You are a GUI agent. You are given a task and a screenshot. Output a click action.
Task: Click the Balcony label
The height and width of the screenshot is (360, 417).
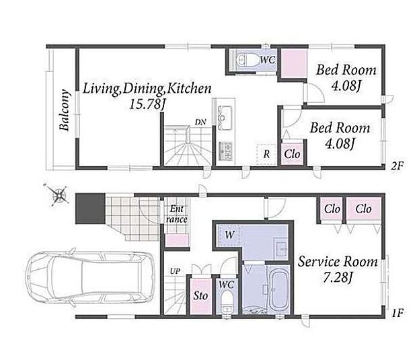[x=65, y=110]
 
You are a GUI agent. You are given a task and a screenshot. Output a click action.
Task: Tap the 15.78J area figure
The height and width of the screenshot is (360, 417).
[x=147, y=104]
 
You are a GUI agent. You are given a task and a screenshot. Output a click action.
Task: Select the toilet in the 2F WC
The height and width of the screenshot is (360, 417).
[x=247, y=60]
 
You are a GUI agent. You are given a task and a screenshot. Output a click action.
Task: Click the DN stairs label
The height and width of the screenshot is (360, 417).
[x=200, y=122]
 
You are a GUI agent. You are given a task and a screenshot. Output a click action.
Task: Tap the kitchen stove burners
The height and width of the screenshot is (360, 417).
[x=225, y=151]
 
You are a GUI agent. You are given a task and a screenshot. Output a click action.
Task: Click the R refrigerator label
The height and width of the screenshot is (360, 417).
[x=266, y=154]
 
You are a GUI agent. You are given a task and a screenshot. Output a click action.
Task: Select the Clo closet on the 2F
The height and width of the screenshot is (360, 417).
[x=292, y=154]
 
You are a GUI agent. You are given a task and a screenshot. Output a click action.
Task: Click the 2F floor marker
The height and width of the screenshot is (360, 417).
[x=397, y=166]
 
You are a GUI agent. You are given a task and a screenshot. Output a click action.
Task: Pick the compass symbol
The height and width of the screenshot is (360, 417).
[x=59, y=195]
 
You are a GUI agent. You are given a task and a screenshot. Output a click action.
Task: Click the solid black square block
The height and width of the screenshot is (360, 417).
[x=90, y=209]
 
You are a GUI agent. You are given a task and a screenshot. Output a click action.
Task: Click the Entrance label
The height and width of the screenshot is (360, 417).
[x=176, y=214]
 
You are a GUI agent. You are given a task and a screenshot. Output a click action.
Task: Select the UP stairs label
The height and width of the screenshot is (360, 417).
[x=175, y=271]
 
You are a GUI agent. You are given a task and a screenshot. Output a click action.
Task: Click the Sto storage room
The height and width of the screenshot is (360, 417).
[x=201, y=296]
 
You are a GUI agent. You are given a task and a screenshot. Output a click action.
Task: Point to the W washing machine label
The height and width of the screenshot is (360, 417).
[x=229, y=235]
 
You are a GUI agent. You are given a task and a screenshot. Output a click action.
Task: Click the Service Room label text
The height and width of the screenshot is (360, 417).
[x=338, y=262]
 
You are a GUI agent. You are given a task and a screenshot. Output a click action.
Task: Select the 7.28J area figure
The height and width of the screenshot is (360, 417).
[x=337, y=278]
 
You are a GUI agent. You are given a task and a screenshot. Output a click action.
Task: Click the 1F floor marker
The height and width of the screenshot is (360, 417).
[x=398, y=313]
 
